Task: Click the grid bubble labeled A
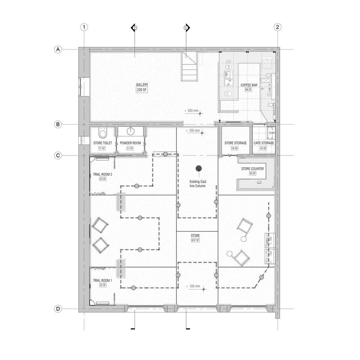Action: [57, 49]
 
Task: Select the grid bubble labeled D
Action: [57, 309]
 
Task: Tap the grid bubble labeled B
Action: [57, 125]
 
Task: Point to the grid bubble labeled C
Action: [57, 156]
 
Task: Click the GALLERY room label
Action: [142, 85]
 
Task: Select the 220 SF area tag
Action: [142, 90]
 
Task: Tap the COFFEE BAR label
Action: [249, 85]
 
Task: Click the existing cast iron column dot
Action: [198, 168]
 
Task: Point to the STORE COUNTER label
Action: [253, 168]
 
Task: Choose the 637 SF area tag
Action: [195, 240]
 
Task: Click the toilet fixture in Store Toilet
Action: [103, 134]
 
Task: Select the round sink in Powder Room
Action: [130, 131]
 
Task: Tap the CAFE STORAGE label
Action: [264, 143]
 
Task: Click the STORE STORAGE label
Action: [235, 143]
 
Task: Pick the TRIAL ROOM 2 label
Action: [103, 174]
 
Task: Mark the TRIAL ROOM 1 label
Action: [103, 280]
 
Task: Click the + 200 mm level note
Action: [191, 111]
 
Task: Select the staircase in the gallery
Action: [189, 67]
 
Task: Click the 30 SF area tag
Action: [252, 173]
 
